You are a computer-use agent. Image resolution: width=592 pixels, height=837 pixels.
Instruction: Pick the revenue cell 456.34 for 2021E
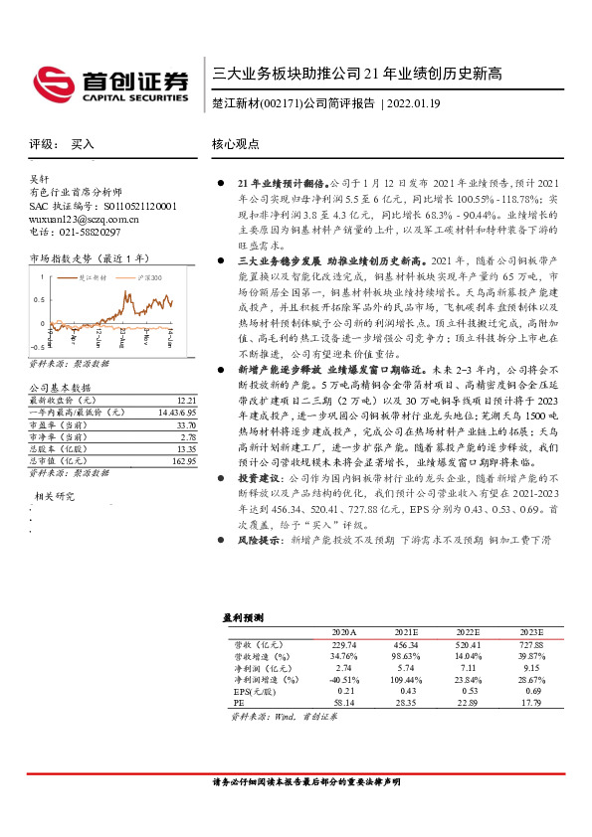pos(405,644)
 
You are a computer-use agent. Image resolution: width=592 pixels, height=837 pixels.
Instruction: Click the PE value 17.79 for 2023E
pos(532,703)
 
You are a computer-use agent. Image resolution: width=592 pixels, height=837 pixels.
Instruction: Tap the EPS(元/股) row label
pos(252,692)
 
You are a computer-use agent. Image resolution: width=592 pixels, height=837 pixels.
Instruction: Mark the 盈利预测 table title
pos(243,617)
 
